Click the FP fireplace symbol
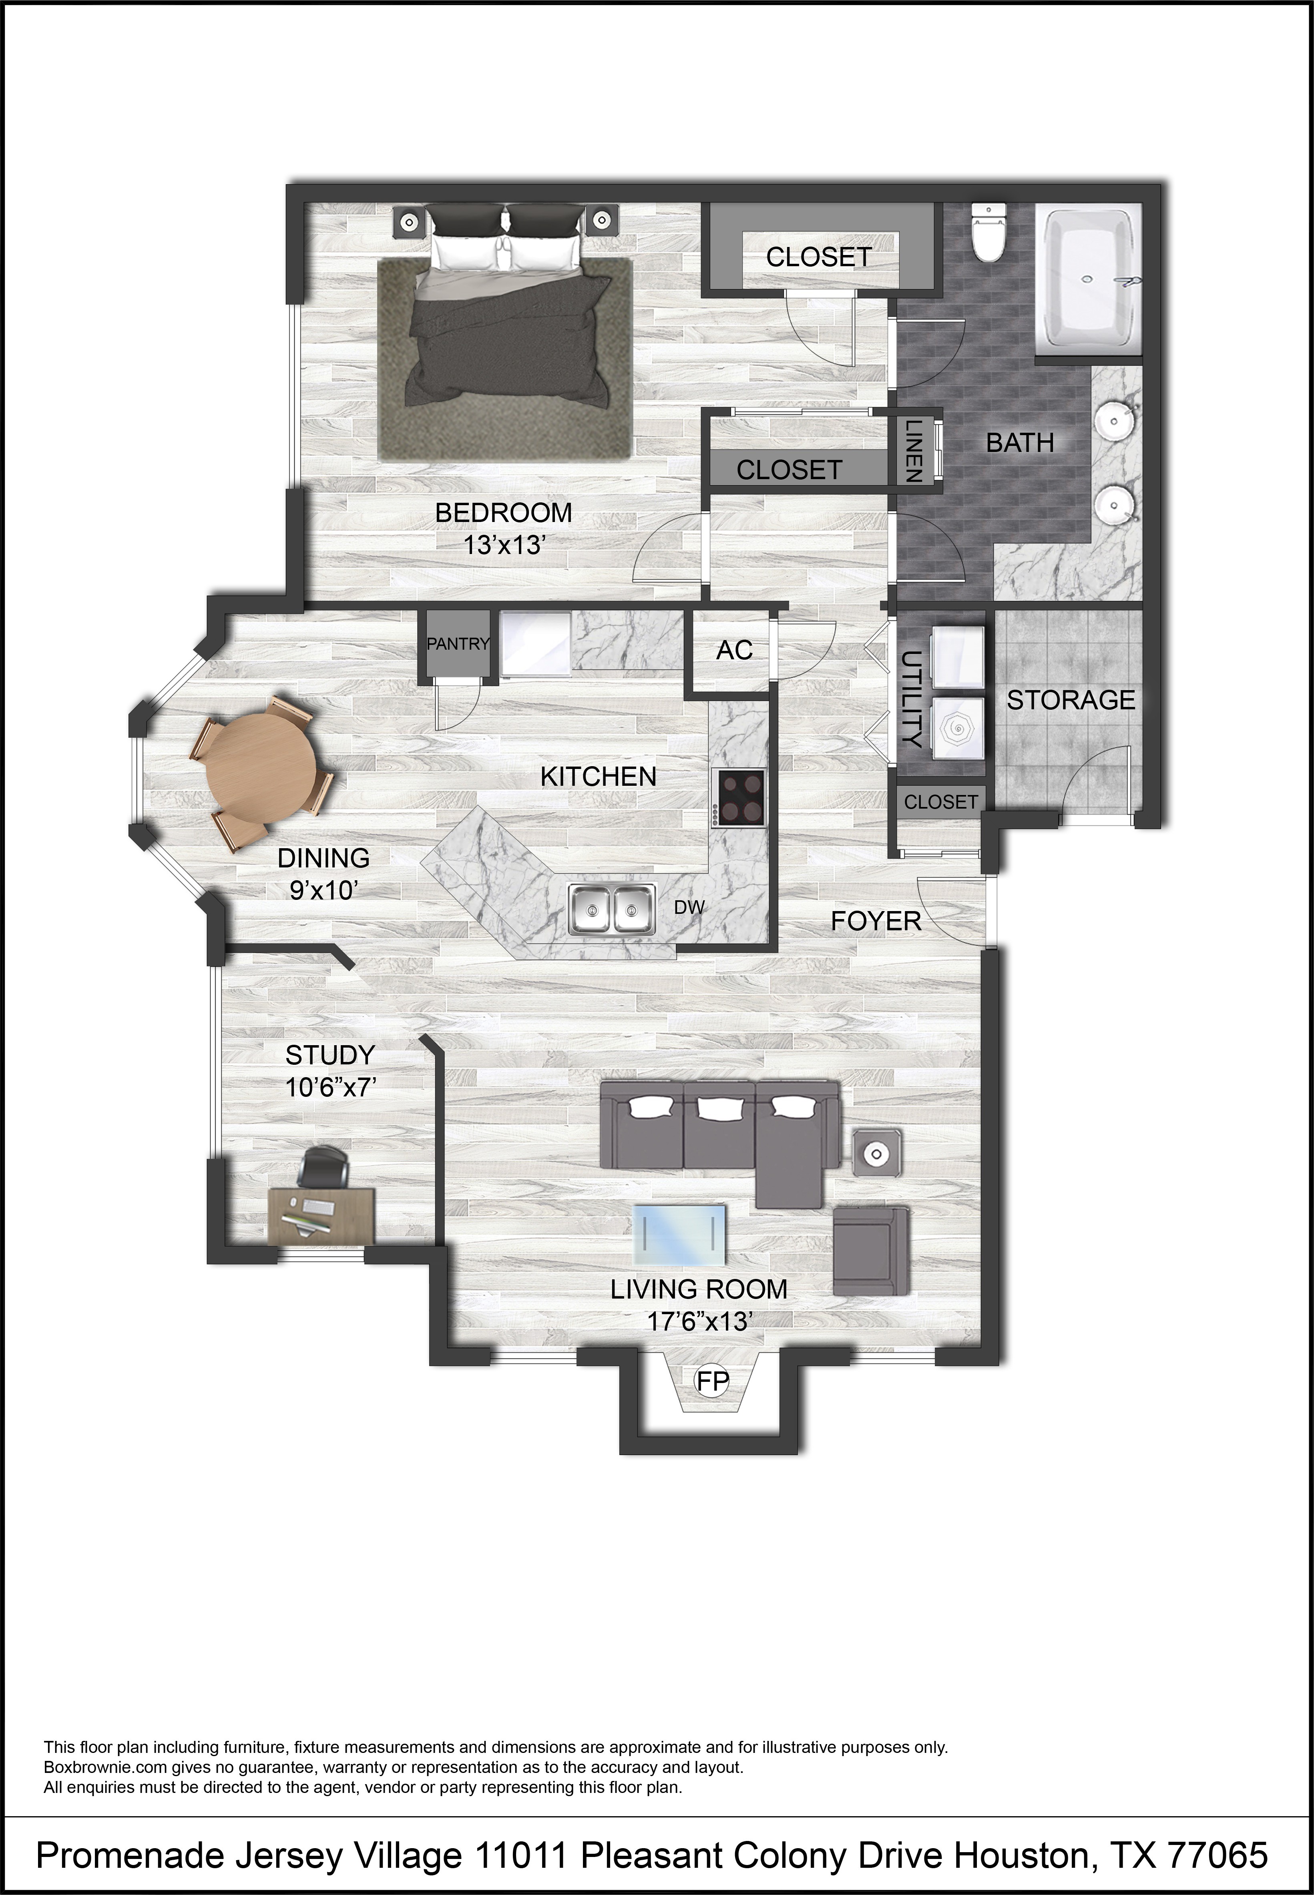tap(713, 1381)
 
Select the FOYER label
tap(876, 921)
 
